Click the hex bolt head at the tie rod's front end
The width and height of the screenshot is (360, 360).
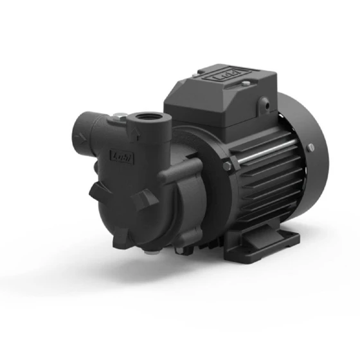[x=228, y=166]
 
